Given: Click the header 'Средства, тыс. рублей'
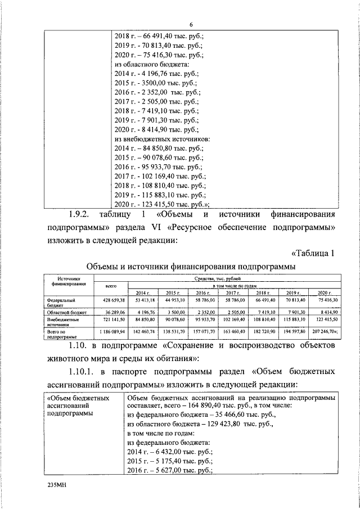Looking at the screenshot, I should [x=216, y=278].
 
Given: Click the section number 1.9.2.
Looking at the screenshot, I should [x=82, y=214].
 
